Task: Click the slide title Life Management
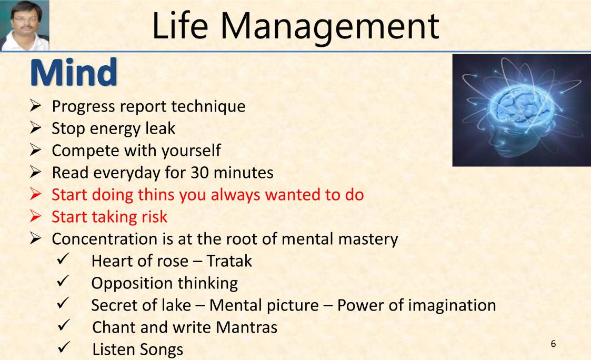(295, 25)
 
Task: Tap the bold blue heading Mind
(74, 73)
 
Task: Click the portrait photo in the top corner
(25, 25)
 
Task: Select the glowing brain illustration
(521, 110)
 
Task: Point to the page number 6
(553, 344)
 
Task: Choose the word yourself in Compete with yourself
(191, 151)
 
